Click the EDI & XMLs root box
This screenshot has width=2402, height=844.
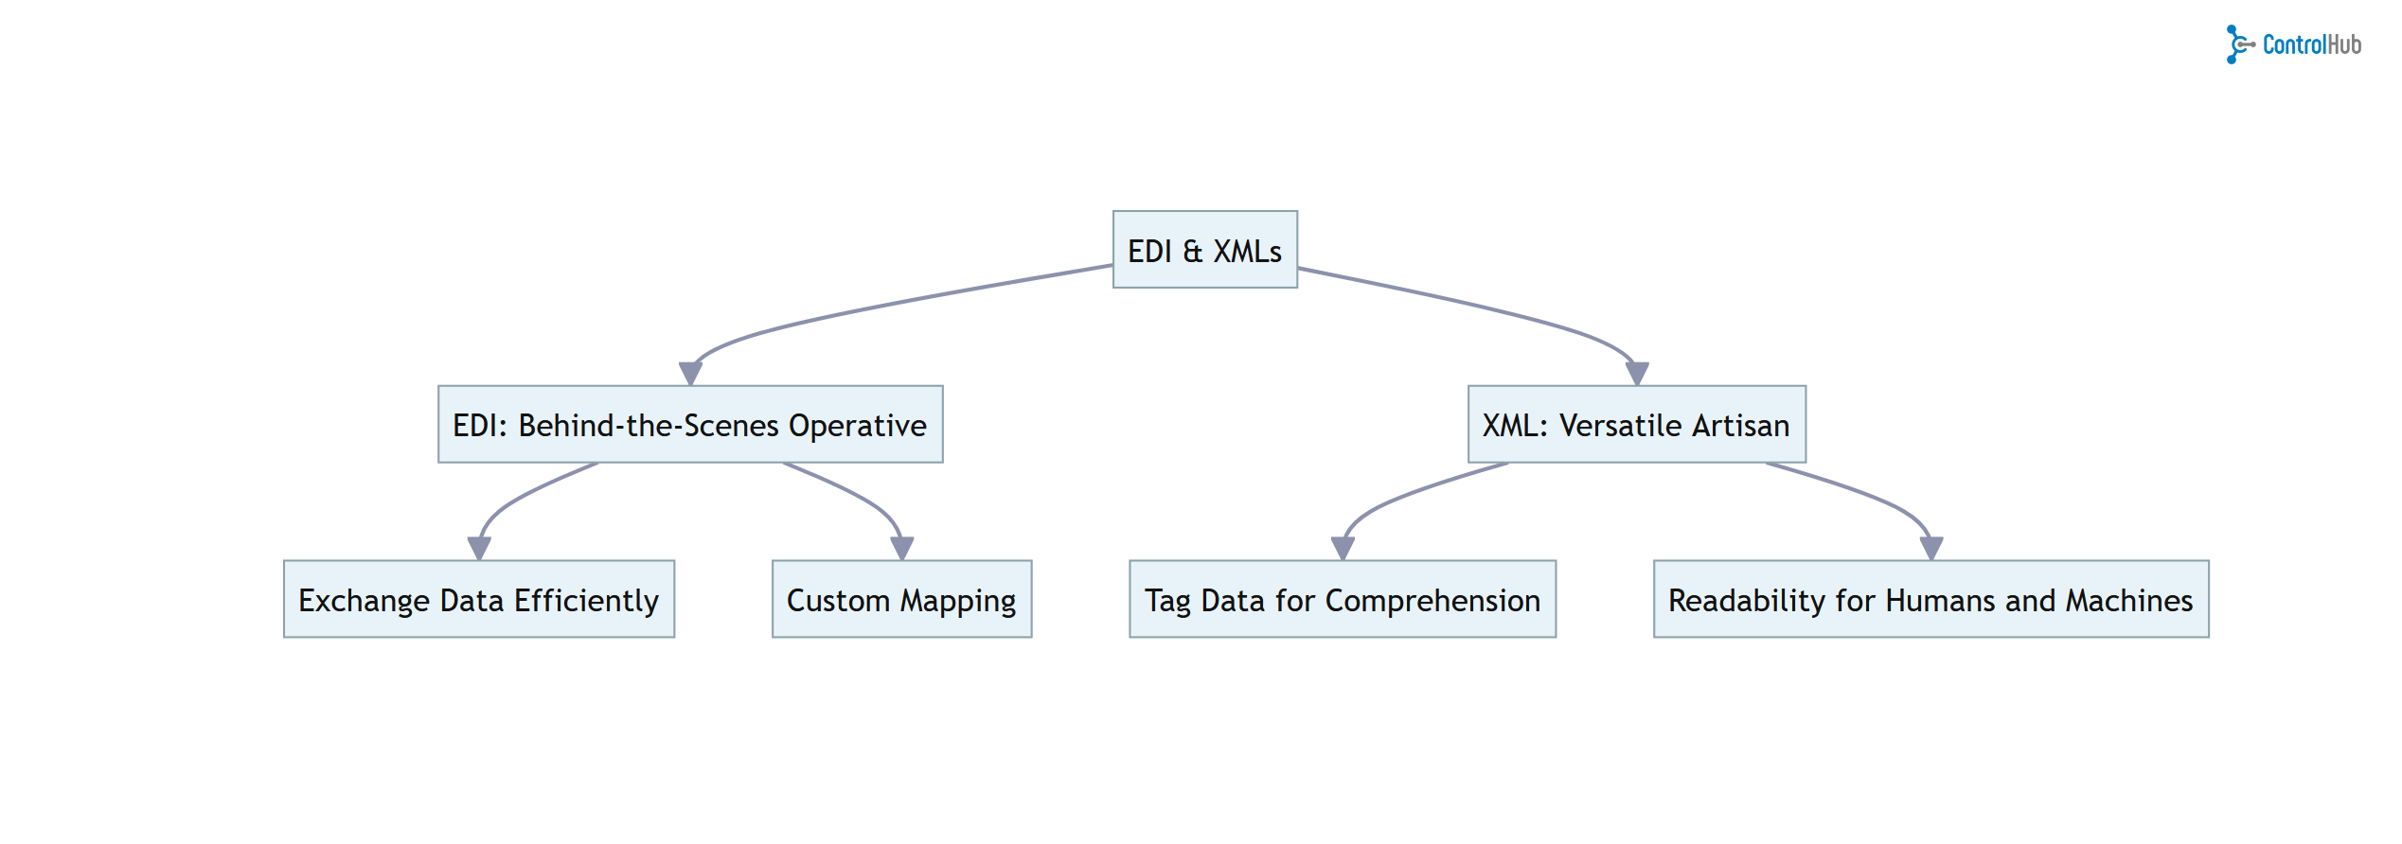tap(1204, 250)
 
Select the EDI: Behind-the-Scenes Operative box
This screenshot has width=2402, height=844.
tap(690, 425)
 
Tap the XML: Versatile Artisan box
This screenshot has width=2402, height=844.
tap(1636, 425)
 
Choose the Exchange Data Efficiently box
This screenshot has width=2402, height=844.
tap(479, 600)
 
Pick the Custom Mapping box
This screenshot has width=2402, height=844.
tap(901, 600)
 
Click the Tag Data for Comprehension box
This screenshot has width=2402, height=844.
tap(1342, 600)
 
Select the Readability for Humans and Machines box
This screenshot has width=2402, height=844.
tap(1930, 600)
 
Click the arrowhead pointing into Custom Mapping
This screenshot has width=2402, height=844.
tap(902, 548)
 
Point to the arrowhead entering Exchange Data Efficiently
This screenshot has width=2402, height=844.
tap(479, 548)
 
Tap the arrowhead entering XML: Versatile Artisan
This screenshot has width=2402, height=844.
tap(1637, 373)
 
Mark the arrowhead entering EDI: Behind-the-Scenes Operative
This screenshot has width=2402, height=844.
tap(691, 373)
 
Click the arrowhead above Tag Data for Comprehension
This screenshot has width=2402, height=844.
tap(1343, 548)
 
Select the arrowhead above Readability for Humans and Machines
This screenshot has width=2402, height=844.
tap(1931, 548)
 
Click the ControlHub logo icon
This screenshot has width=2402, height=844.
tap(2238, 44)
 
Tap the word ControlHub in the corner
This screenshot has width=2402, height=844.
tap(2311, 44)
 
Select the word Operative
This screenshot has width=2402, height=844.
tap(857, 425)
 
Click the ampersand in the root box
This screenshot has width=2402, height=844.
tap(1192, 251)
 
